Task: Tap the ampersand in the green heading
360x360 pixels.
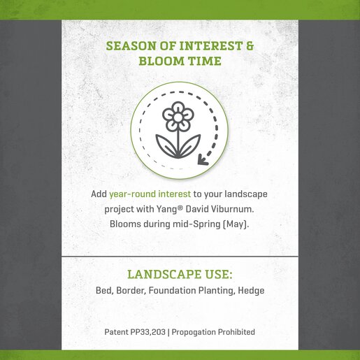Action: coord(250,46)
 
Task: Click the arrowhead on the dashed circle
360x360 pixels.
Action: coord(202,160)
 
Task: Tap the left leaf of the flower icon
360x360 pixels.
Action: coord(166,145)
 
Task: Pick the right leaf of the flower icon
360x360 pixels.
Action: coord(189,145)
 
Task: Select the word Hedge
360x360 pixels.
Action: coord(251,291)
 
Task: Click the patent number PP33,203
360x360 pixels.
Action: coord(148,332)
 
